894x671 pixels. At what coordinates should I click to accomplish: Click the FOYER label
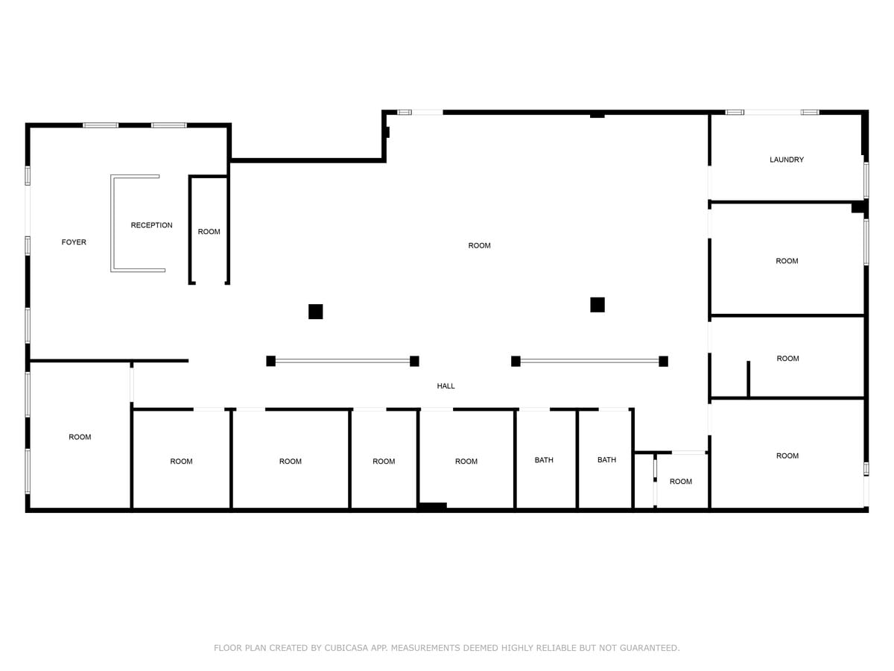(x=74, y=242)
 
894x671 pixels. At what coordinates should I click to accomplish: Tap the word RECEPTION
(x=151, y=225)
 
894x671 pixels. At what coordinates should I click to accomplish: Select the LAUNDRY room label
(x=786, y=160)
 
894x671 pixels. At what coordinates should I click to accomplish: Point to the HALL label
(x=446, y=386)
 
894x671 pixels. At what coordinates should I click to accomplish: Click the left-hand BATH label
(x=544, y=460)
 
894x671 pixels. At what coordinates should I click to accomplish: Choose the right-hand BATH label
(x=606, y=460)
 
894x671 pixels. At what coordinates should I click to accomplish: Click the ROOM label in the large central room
(x=479, y=245)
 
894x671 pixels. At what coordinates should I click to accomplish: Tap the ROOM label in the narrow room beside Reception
(x=209, y=232)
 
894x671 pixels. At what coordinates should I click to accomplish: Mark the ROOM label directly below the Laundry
(x=787, y=261)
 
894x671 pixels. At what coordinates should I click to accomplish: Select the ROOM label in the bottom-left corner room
(x=80, y=437)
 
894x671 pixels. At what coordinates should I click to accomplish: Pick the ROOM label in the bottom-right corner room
(x=787, y=456)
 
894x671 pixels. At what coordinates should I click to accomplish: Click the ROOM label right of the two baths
(x=680, y=482)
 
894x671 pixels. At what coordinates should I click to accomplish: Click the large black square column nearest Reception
(x=315, y=312)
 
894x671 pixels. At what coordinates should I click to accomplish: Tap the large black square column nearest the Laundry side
(x=597, y=304)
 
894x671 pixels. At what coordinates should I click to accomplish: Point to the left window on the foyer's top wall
(x=101, y=125)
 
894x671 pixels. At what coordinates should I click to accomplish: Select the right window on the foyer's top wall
(x=169, y=125)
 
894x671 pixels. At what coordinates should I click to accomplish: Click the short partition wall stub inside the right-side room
(x=748, y=379)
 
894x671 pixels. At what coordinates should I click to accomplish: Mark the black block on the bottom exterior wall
(x=432, y=506)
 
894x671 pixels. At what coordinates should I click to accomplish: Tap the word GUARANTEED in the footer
(x=649, y=648)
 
